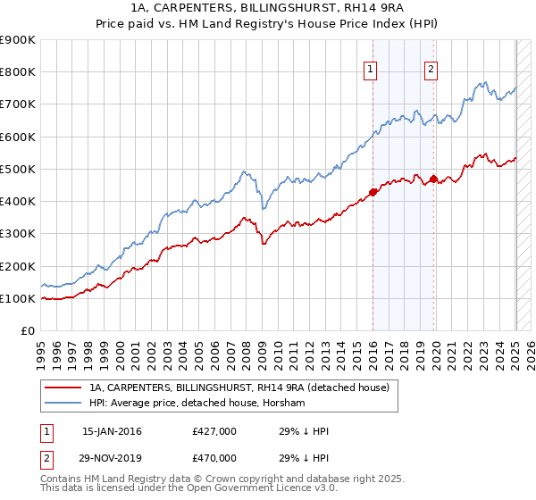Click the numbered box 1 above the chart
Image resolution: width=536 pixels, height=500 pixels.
(371, 71)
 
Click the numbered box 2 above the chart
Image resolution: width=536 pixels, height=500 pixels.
(431, 71)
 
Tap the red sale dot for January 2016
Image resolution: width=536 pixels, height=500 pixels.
(373, 192)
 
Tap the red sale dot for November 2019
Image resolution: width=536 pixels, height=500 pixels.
(433, 179)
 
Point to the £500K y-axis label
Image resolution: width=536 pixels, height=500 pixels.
(18, 169)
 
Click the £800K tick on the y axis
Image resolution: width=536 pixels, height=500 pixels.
(18, 71)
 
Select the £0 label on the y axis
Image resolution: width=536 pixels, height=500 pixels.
(27, 331)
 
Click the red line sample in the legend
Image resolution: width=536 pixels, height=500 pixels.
(64, 388)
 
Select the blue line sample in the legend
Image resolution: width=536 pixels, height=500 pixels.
(64, 404)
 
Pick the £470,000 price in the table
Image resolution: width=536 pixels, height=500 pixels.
(214, 457)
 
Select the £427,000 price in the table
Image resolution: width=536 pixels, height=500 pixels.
(214, 431)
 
